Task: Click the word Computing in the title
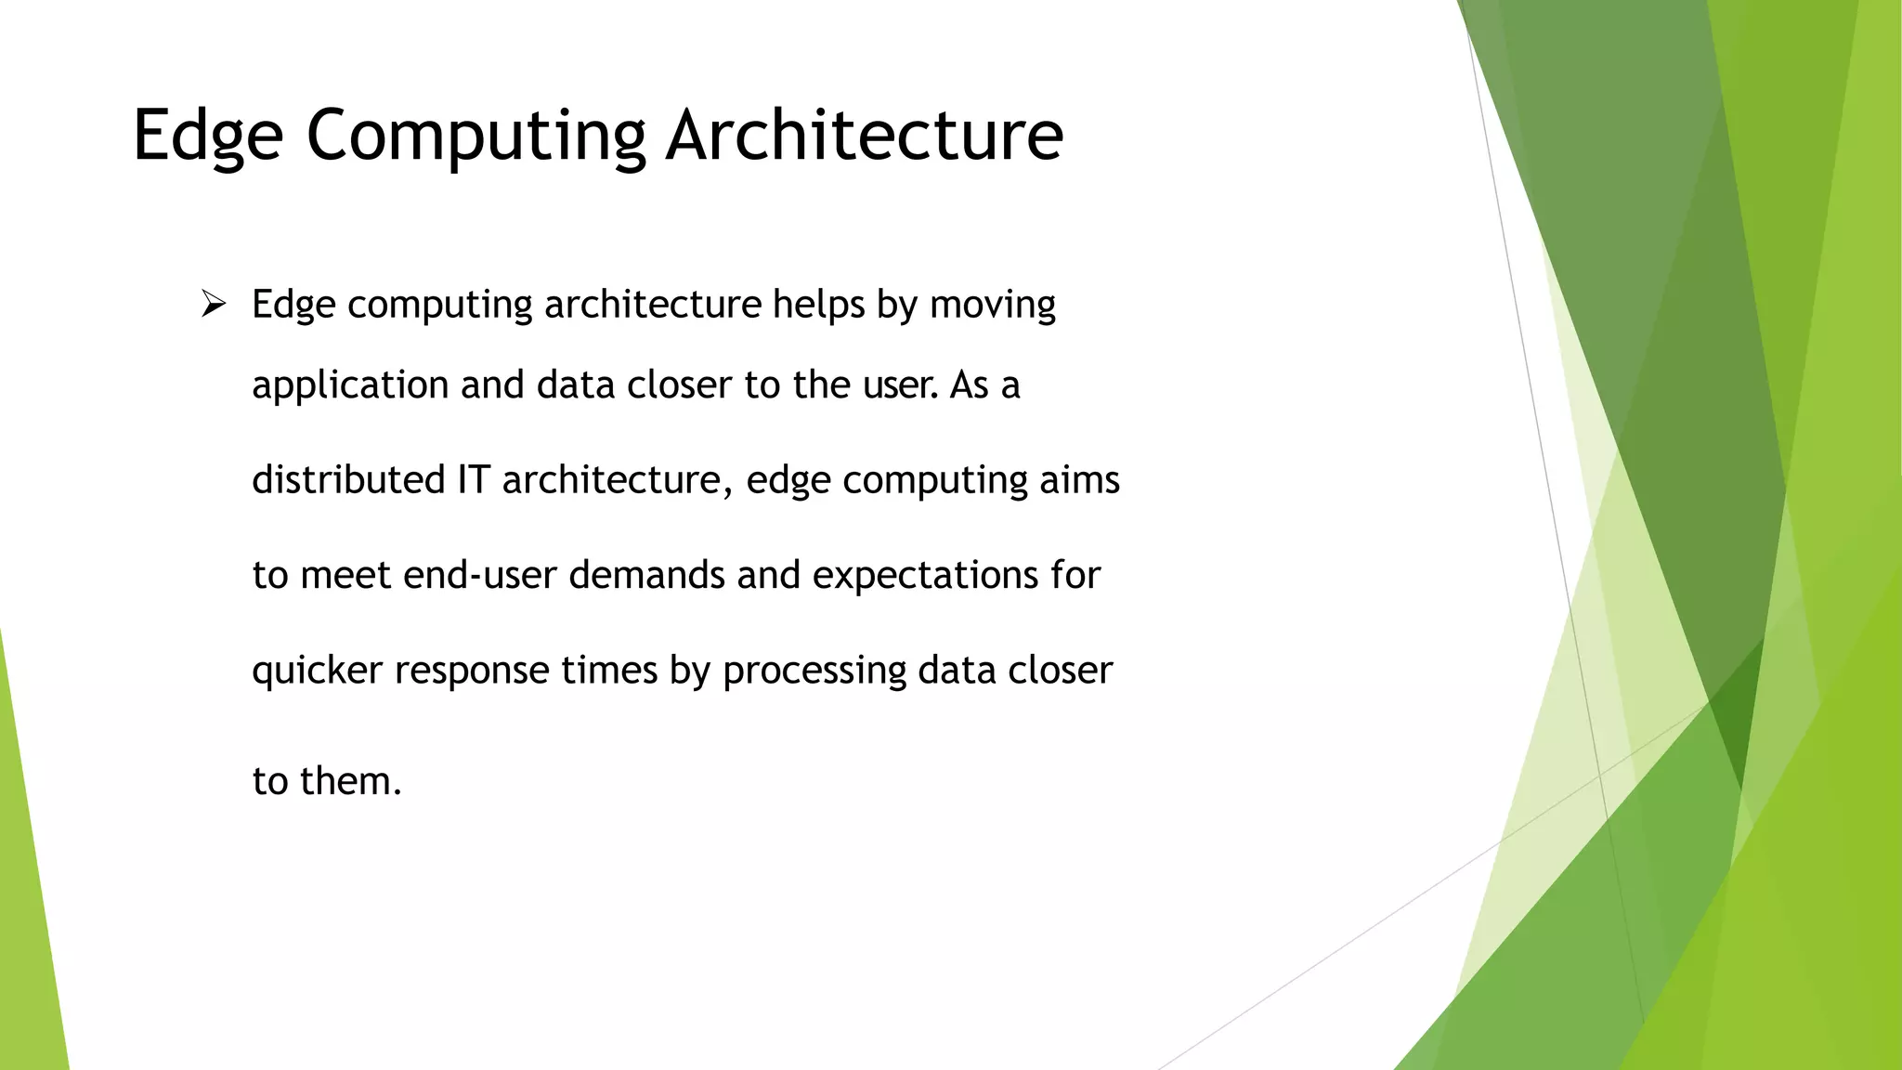(475, 137)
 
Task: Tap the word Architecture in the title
(864, 137)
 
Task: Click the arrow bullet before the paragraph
(214, 304)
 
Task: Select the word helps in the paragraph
(818, 305)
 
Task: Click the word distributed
(348, 480)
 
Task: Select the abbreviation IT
(473, 480)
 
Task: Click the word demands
(646, 575)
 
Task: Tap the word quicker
(317, 671)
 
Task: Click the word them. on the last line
(351, 781)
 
